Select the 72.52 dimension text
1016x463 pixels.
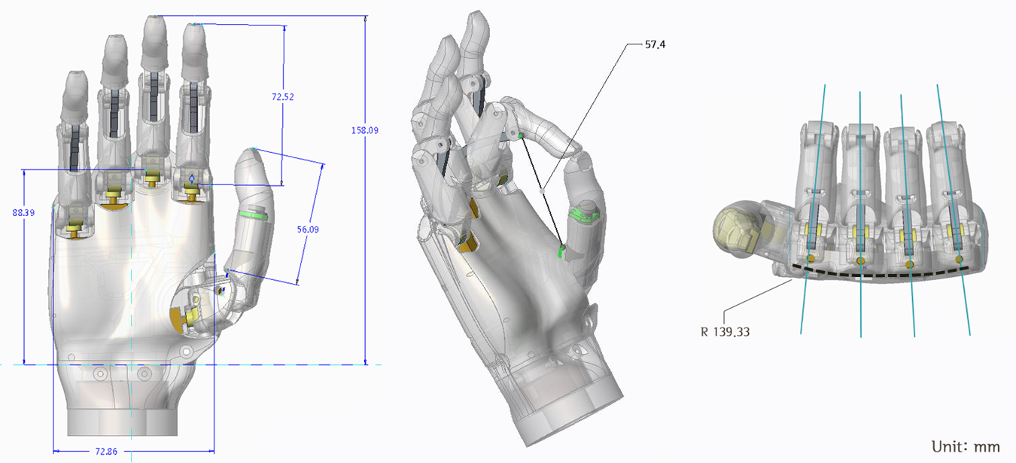click(282, 97)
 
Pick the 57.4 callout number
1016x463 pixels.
click(655, 45)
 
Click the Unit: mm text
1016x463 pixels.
click(966, 446)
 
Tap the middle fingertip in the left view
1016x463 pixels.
click(154, 30)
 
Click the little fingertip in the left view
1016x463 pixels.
click(77, 83)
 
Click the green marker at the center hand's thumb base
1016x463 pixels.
click(561, 251)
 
